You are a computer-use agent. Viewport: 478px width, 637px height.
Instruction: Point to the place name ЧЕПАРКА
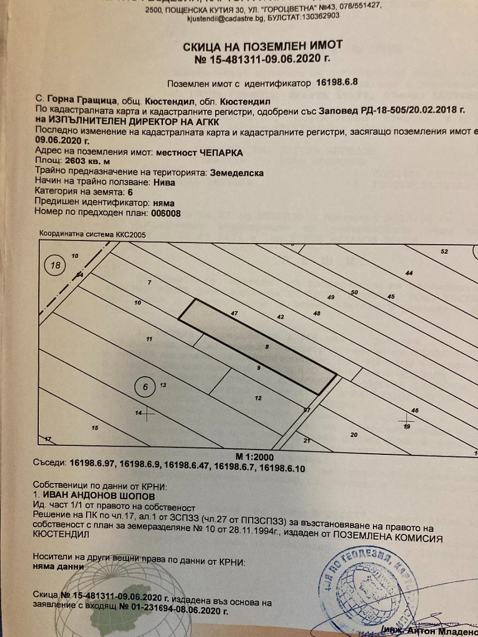click(x=220, y=152)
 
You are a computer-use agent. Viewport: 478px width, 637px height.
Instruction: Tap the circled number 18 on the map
click(x=56, y=266)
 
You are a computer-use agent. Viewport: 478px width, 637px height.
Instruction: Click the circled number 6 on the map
click(x=145, y=386)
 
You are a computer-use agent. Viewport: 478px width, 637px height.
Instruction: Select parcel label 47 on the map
click(x=234, y=313)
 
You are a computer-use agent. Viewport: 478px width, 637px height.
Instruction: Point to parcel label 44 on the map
click(x=409, y=273)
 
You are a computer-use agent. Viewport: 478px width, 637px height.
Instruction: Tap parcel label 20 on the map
click(x=353, y=435)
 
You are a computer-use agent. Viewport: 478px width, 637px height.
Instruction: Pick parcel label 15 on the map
click(x=94, y=427)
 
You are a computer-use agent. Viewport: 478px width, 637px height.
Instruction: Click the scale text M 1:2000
click(x=255, y=456)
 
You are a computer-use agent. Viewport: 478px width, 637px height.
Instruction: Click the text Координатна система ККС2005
click(x=92, y=235)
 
